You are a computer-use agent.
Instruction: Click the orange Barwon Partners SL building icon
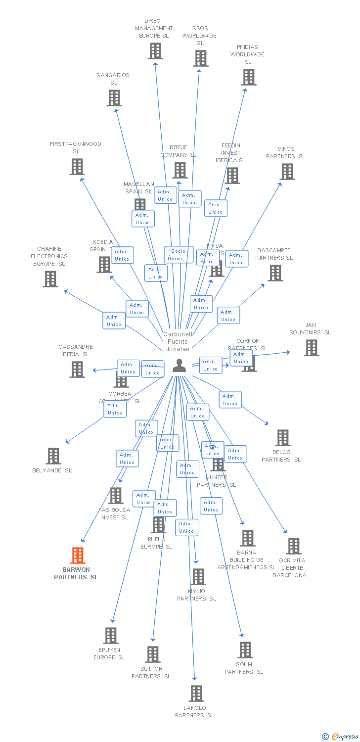tap(77, 556)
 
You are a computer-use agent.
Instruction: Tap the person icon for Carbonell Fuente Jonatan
tap(179, 366)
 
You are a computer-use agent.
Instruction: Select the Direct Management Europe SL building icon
tap(155, 51)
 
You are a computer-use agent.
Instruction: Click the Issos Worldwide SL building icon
tap(200, 58)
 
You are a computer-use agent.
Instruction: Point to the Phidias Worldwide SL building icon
tap(249, 77)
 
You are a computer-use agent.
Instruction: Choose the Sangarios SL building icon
tap(114, 98)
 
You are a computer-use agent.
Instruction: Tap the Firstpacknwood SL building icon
tap(77, 167)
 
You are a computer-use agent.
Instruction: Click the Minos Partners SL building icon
tap(287, 172)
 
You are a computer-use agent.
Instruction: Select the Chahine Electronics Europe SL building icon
tap(50, 279)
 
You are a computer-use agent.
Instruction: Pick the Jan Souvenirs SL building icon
tap(311, 348)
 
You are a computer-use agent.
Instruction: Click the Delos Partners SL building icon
tap(282, 438)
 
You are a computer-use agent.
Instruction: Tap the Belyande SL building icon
tap(53, 456)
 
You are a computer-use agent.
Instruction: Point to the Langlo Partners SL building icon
tap(196, 694)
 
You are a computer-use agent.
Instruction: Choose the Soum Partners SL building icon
tap(245, 650)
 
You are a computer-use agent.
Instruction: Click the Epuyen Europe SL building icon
tap(110, 636)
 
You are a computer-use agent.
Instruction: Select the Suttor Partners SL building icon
tap(152, 654)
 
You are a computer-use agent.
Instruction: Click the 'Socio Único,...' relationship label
tap(179, 255)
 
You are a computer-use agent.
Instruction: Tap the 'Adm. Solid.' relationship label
tap(208, 258)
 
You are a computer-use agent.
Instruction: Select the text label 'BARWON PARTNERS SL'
tap(76, 573)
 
